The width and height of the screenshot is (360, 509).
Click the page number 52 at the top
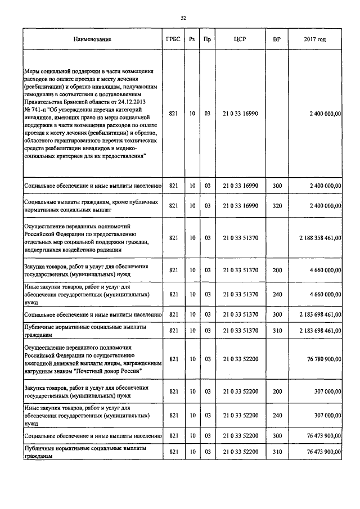pos(183,19)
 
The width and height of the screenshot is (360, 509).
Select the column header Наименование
pos(92,39)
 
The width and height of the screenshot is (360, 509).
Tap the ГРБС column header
pos(173,39)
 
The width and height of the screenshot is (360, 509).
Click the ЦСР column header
pos(240,39)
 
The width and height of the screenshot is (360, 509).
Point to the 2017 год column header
pos(314,39)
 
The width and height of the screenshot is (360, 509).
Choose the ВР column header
pos(277,39)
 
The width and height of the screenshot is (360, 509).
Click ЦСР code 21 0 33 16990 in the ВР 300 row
pos(240,185)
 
